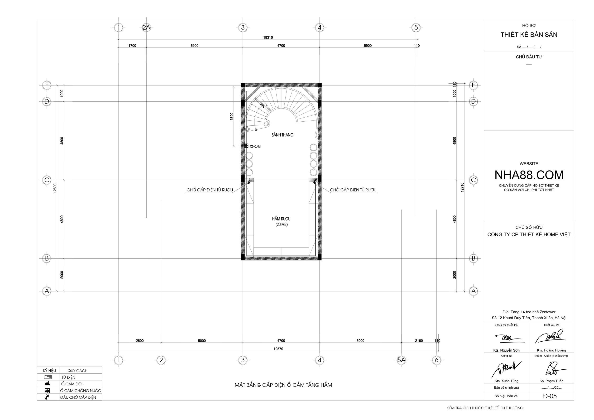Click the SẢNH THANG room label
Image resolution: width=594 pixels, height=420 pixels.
282,135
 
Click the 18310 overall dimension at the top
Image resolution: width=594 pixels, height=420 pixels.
268,38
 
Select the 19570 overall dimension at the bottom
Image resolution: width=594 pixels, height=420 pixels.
278,349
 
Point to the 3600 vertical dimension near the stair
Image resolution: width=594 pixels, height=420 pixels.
232,116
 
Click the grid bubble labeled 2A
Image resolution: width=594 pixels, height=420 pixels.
146,27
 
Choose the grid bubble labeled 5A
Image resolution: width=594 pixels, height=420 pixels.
401,360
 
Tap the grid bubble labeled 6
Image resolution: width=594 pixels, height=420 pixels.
437,360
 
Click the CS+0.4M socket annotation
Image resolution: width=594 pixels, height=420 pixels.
255,146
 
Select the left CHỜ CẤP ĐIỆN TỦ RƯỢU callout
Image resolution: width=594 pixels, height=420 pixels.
210,190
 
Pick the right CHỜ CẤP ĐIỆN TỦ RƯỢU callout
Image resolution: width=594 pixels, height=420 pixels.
353,190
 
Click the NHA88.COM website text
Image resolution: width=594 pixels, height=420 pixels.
529,175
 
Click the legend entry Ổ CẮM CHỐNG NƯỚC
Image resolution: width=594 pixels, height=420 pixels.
81,391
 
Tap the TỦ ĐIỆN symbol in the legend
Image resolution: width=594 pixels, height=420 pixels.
48,377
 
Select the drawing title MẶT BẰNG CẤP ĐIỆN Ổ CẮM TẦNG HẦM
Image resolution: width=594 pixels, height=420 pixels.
283,385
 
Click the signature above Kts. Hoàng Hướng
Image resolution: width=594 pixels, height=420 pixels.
550,336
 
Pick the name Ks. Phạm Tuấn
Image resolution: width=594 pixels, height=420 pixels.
551,381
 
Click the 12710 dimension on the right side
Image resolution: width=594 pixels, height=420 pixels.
462,187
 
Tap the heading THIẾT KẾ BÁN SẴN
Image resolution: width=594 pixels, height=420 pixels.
529,35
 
